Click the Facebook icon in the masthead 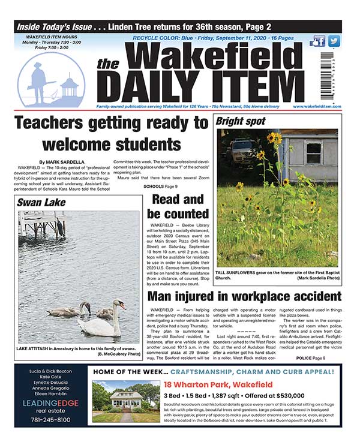tap(317, 41)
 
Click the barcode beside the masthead tap(326, 75)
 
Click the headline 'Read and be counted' tap(180, 206)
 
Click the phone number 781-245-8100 tap(50, 419)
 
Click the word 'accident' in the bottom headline tap(307, 296)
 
